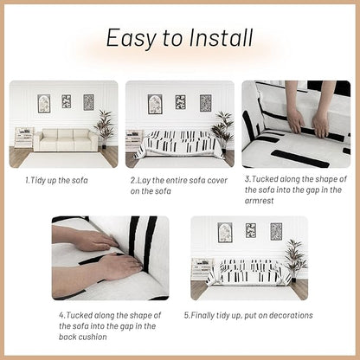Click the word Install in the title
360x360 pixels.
pyautogui.click(x=221, y=37)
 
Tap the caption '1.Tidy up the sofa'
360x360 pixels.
pyautogui.click(x=56, y=181)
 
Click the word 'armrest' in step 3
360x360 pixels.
pyautogui.click(x=259, y=201)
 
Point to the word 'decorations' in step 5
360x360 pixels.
pyautogui.click(x=290, y=315)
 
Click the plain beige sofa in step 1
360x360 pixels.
pyautogui.click(x=66, y=140)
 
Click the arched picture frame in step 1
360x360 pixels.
pyautogui.click(x=44, y=104)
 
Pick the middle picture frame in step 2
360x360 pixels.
pyautogui.click(x=181, y=102)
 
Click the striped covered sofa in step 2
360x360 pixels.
pyautogui.click(x=179, y=145)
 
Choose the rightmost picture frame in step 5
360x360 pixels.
pyautogui.click(x=276, y=232)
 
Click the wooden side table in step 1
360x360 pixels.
pyautogui.click(x=24, y=138)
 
